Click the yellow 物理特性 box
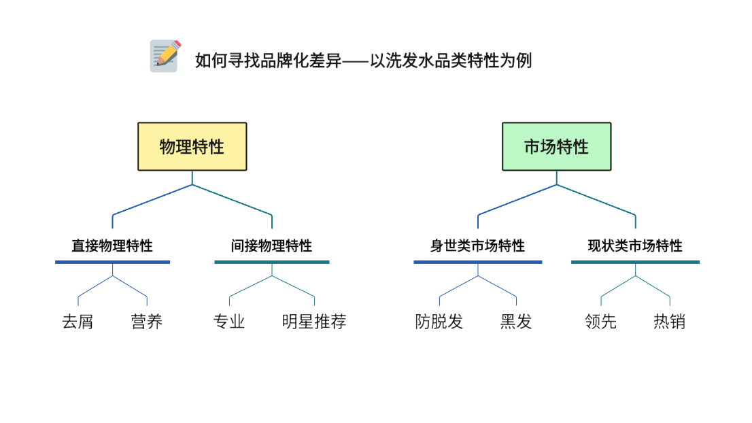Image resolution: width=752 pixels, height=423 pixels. (x=192, y=146)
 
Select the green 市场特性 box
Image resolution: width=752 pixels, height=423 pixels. (x=556, y=146)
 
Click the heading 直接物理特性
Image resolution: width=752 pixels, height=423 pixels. (x=112, y=246)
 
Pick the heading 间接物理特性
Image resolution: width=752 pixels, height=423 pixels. (x=271, y=246)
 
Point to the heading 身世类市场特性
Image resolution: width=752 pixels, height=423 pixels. (x=477, y=246)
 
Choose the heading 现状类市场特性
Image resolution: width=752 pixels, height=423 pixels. (x=635, y=246)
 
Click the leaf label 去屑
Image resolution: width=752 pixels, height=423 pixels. (x=78, y=322)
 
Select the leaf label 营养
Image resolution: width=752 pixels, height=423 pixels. (x=147, y=322)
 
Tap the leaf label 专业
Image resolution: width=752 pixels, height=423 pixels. (x=229, y=322)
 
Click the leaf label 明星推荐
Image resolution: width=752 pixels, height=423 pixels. (x=314, y=322)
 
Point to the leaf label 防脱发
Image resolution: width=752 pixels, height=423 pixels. (x=439, y=322)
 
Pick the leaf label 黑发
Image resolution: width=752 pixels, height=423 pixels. (x=516, y=322)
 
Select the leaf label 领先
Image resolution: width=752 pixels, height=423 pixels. (x=601, y=322)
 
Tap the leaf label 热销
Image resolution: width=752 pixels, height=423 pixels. (x=670, y=322)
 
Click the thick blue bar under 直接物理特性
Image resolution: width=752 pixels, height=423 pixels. (x=112, y=262)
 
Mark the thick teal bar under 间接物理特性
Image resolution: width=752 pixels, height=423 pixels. (x=271, y=262)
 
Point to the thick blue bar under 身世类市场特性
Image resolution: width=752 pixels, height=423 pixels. (x=477, y=262)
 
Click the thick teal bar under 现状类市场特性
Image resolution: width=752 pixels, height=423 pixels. (x=635, y=262)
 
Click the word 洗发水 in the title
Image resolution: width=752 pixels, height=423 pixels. (x=410, y=61)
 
